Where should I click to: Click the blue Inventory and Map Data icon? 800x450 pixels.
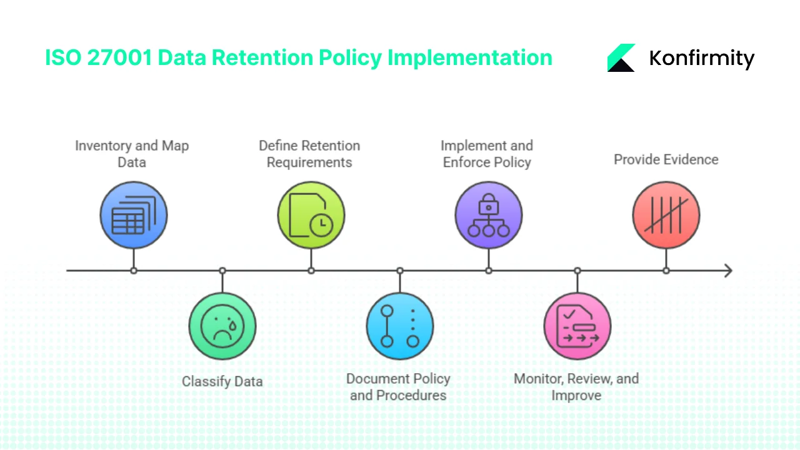(x=133, y=216)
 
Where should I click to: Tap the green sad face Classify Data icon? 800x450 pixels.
(x=222, y=326)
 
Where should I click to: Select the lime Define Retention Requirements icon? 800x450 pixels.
(x=311, y=216)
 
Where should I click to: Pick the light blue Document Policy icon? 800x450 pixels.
(x=400, y=326)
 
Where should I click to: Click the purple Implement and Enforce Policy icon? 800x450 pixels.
(x=489, y=216)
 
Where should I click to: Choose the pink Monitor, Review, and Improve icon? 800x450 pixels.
(x=577, y=326)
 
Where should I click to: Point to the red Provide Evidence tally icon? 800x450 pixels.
(x=666, y=216)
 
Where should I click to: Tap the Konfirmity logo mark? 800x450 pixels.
(x=621, y=58)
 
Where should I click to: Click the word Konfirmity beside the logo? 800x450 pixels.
(x=702, y=59)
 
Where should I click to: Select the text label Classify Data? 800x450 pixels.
(x=222, y=381)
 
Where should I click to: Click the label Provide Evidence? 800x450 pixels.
(x=666, y=159)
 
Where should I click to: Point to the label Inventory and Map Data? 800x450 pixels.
(x=132, y=154)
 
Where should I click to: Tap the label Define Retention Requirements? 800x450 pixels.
(x=309, y=154)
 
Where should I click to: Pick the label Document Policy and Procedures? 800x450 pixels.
(x=399, y=387)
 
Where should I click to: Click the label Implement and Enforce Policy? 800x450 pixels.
(x=487, y=154)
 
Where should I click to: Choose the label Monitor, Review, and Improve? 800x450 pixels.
(x=576, y=387)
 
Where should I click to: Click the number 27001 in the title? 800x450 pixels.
(x=119, y=57)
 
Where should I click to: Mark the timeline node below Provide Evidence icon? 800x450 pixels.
(x=666, y=271)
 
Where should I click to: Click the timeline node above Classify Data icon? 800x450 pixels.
(x=222, y=271)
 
